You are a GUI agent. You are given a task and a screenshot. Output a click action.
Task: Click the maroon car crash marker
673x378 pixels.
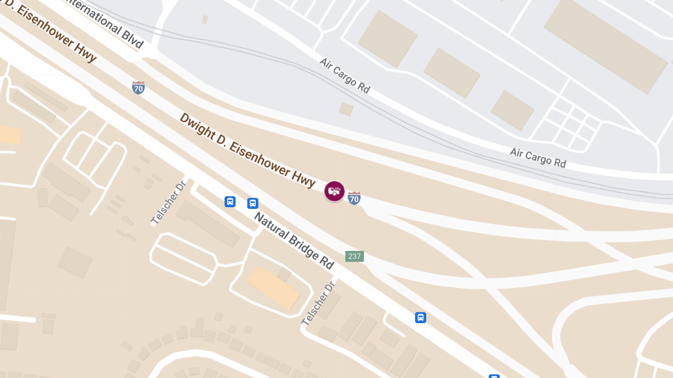(x=334, y=191)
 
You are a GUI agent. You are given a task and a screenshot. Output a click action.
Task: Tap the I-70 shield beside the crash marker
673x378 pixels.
(x=354, y=198)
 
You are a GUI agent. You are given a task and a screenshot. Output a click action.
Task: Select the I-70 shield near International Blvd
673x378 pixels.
(x=139, y=87)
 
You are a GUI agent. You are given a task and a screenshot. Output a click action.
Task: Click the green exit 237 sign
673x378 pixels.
(x=354, y=256)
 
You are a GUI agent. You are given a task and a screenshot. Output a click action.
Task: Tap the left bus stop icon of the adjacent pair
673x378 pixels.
(x=230, y=202)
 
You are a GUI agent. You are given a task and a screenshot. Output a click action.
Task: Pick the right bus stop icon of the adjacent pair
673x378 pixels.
(x=253, y=203)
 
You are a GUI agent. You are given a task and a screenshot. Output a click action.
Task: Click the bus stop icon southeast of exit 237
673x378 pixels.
(x=421, y=318)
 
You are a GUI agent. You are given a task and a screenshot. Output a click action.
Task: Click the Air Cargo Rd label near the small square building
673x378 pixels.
(x=345, y=75)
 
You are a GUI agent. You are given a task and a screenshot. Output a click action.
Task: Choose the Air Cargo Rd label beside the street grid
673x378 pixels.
(x=538, y=157)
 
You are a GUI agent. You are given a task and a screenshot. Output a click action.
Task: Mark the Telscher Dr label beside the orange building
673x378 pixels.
(x=318, y=303)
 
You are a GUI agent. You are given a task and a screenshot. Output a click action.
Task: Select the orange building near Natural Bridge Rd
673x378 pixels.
(x=274, y=288)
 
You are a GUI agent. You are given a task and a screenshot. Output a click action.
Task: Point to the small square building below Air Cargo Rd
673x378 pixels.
(x=346, y=109)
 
